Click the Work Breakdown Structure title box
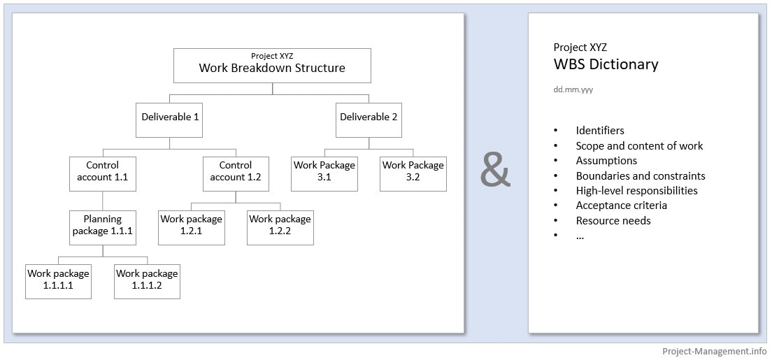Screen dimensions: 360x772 [272, 66]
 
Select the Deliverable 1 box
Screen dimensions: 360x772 [170, 117]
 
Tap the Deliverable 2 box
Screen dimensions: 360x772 [369, 117]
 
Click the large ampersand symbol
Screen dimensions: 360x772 [496, 171]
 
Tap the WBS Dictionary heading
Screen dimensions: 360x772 [606, 65]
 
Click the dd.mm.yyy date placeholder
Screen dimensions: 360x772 [573, 90]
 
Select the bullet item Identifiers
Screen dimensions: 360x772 [600, 131]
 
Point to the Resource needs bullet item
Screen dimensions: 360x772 [613, 221]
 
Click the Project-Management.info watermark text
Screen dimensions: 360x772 [714, 352]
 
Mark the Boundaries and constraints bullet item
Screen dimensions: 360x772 [640, 176]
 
